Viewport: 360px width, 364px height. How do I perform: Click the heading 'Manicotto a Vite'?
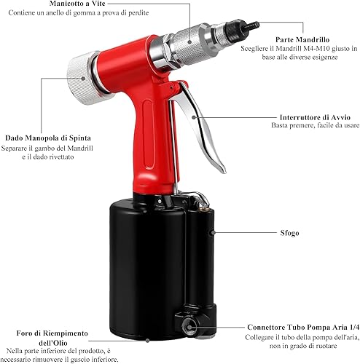(x=77, y=4)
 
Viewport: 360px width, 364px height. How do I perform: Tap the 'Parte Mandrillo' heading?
(x=302, y=39)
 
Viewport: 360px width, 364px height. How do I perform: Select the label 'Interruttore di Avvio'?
(x=315, y=117)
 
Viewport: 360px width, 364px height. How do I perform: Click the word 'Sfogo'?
(x=289, y=233)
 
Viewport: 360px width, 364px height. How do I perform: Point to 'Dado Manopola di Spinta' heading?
(x=48, y=138)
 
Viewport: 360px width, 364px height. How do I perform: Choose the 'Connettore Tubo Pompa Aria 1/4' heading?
(x=303, y=327)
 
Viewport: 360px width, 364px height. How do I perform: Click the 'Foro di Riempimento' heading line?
(x=52, y=333)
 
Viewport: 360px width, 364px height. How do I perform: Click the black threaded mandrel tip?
(x=252, y=25)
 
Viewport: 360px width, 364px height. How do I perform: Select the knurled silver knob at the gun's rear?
(x=82, y=78)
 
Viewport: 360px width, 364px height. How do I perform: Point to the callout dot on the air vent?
(x=213, y=233)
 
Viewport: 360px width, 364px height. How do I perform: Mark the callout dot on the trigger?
(x=194, y=117)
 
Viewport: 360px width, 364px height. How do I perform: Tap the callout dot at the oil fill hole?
(x=147, y=341)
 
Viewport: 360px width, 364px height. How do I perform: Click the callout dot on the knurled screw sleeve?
(x=190, y=41)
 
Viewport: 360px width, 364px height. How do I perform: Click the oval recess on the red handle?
(x=149, y=135)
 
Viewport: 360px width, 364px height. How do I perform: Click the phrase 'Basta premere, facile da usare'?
(x=315, y=125)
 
